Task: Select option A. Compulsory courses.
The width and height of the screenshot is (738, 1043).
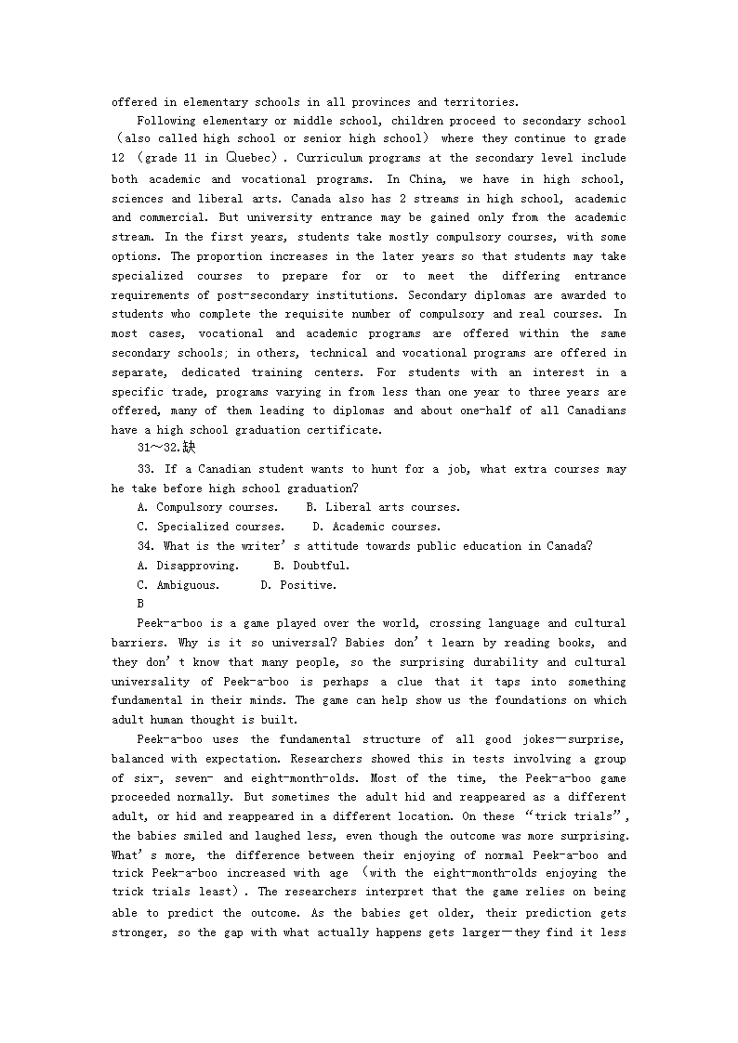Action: coord(207,507)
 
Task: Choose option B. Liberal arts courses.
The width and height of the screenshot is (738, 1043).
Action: coord(383,507)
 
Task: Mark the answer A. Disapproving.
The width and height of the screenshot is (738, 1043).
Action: coord(188,566)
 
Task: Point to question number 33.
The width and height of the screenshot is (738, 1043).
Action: coord(145,469)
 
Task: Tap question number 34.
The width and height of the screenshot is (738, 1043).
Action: coord(145,546)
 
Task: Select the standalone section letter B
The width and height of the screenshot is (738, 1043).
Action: coord(140,604)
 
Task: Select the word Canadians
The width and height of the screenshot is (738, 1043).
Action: coord(593,411)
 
